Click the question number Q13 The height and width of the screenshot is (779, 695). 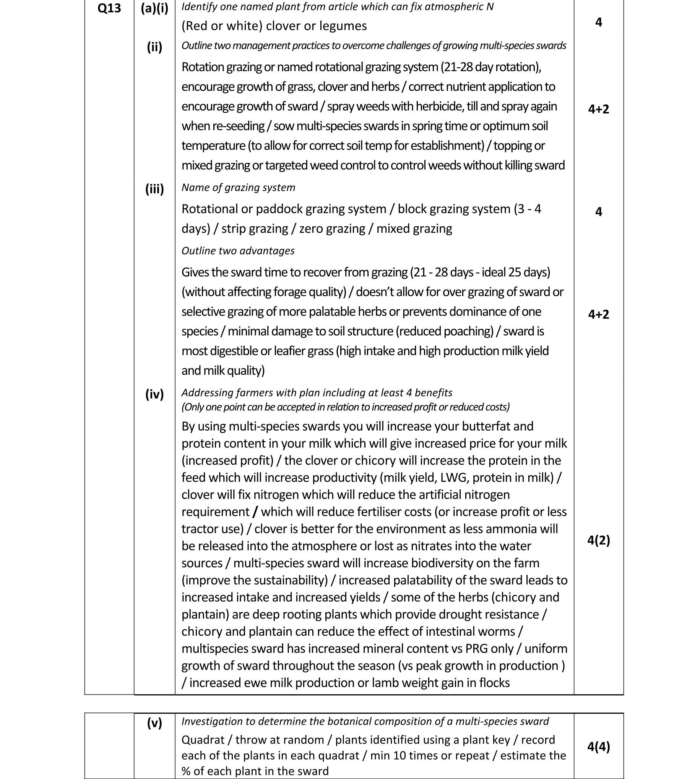(109, 8)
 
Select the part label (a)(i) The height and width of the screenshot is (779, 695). (154, 8)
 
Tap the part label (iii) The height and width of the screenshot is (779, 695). (154, 189)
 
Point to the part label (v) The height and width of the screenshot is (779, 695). (154, 722)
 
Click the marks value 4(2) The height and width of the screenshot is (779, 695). (598, 540)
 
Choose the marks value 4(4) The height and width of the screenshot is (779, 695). (598, 747)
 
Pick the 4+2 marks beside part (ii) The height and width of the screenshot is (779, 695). (598, 109)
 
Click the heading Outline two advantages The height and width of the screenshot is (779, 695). (238, 251)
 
